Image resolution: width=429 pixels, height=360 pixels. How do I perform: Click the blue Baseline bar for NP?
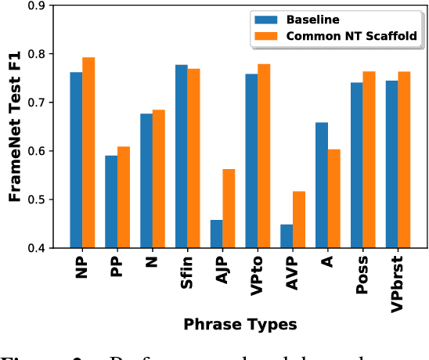click(x=76, y=160)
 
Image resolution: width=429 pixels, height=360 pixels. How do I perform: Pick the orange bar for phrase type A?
click(x=334, y=199)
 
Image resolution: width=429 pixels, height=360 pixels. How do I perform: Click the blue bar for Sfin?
click(x=181, y=157)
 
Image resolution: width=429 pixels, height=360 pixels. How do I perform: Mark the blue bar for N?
click(x=146, y=181)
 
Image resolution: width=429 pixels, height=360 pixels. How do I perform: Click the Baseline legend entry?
click(x=301, y=19)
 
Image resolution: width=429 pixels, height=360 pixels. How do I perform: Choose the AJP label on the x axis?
click(x=223, y=272)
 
